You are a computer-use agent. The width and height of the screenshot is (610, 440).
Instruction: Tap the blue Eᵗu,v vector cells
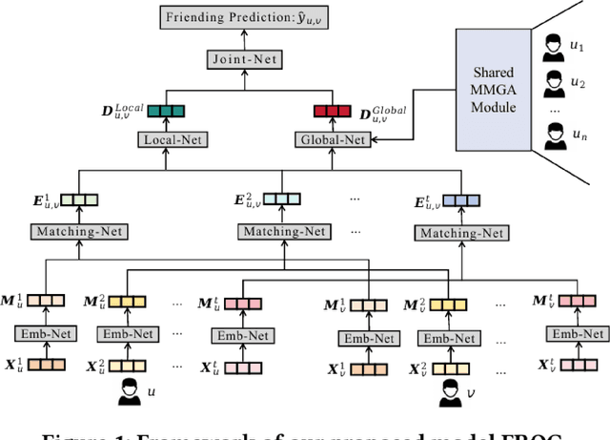click(x=460, y=201)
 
